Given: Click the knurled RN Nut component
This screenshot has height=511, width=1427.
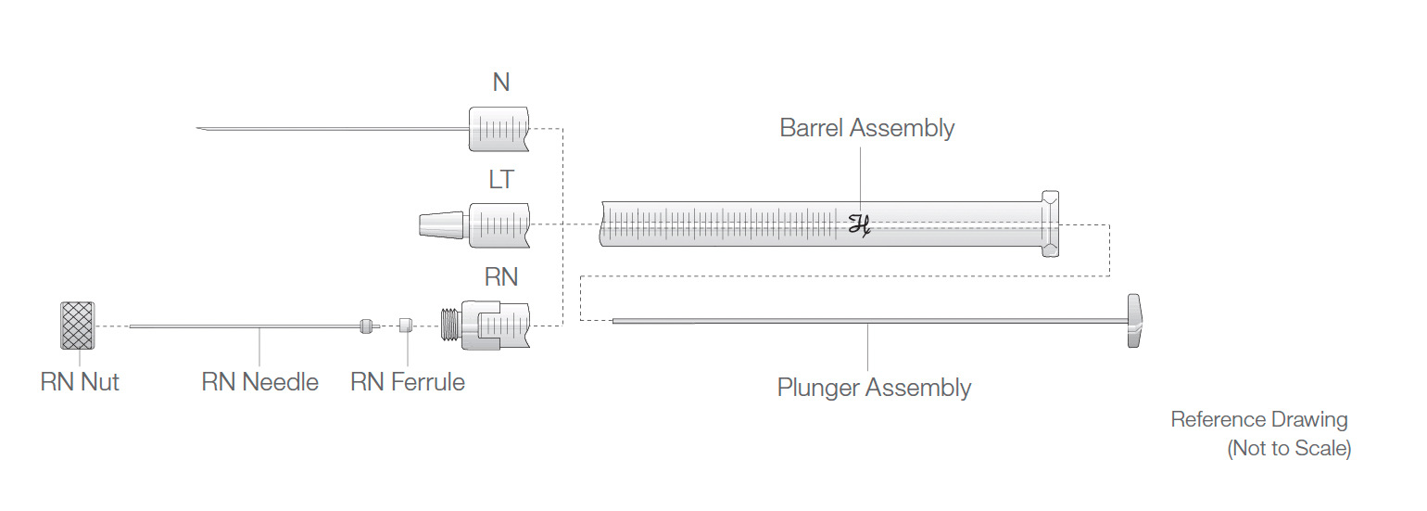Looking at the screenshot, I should (79, 326).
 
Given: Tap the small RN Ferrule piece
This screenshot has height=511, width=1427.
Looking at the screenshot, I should (405, 326).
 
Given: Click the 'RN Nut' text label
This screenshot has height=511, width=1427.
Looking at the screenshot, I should (80, 381).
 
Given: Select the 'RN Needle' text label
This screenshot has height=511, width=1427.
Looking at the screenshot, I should (259, 381).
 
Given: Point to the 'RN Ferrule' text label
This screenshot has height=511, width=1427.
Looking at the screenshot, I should (408, 381).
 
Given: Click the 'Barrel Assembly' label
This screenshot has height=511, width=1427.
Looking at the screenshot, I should (866, 128).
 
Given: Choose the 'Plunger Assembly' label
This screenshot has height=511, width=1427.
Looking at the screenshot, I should (874, 388).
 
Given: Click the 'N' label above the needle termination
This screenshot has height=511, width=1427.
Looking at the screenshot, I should (500, 83).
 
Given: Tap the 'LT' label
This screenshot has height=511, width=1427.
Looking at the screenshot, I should (500, 180).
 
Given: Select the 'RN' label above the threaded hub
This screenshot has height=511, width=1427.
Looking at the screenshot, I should (500, 277).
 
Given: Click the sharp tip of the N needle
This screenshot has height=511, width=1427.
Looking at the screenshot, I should (200, 129).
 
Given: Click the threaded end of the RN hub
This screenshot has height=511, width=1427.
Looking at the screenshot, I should (451, 326).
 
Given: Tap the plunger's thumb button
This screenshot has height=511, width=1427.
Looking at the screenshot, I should (1135, 321).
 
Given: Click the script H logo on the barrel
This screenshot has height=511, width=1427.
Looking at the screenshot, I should (860, 224).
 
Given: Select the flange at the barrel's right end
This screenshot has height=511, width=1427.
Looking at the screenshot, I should (1049, 224).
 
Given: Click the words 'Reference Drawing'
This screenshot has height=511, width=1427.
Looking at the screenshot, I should (1258, 419).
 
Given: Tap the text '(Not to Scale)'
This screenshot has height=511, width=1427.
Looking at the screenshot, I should (1289, 449).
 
